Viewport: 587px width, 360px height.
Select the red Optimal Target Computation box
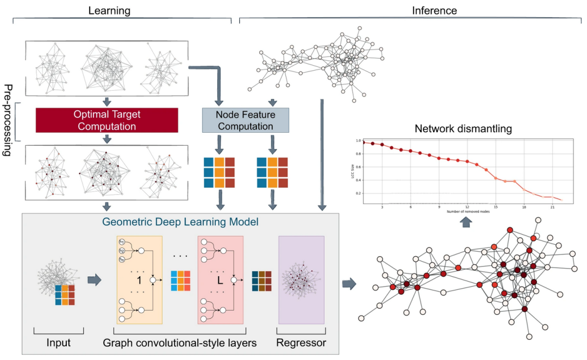pos(107,120)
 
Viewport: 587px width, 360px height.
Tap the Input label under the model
pos(58,343)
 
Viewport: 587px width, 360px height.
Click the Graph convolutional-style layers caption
pos(180,343)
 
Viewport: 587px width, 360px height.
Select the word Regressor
pos(300,343)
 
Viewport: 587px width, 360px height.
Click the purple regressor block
pos(301,279)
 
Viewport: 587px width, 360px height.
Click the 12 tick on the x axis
pos(467,207)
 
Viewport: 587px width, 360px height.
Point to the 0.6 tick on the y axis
pos(359,166)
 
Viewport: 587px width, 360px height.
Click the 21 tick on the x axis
pos(552,207)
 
